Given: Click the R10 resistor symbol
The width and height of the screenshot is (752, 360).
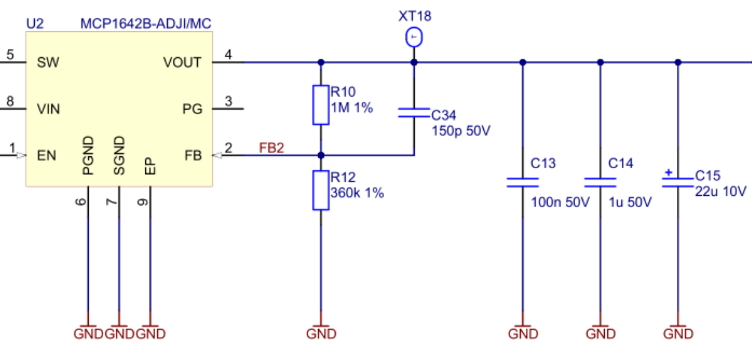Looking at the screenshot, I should [320, 104].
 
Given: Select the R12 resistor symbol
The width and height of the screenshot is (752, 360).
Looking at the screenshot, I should [320, 191].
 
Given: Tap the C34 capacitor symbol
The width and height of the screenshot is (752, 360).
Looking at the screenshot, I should [413, 114].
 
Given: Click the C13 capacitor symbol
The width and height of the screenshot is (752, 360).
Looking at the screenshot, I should [523, 182].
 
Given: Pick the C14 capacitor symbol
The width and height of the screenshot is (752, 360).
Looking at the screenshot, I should [599, 182].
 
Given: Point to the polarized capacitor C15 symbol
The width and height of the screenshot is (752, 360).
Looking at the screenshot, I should [678, 182].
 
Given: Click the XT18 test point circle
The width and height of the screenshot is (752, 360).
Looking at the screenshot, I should [413, 38].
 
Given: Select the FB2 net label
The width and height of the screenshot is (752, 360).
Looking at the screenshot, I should [271, 148].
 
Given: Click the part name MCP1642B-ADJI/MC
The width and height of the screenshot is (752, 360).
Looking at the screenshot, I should [145, 24].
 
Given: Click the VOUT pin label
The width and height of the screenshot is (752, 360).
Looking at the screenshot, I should [182, 63].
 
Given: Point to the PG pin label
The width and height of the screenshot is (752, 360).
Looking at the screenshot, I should [192, 109].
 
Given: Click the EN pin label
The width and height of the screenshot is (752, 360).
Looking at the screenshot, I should [46, 156].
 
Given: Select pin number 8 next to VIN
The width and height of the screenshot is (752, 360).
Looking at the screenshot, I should [10, 101].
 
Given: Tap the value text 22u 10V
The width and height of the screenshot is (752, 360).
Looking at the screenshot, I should [720, 191].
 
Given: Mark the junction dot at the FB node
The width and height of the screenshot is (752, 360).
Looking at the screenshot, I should [321, 156].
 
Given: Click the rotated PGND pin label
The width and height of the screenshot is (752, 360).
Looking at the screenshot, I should [88, 156].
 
